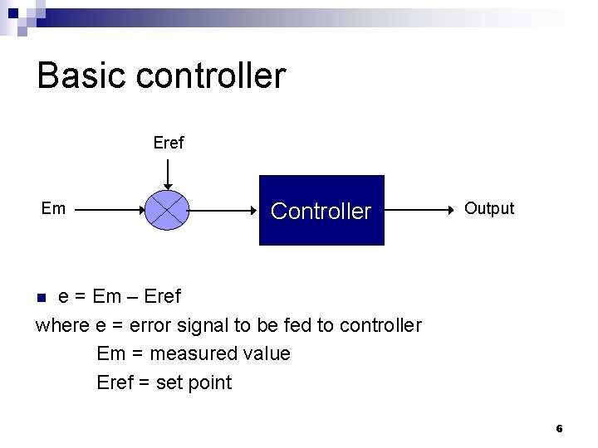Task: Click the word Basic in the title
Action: [81, 75]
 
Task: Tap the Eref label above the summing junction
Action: [169, 143]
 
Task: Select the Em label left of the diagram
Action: [53, 208]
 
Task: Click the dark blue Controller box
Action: [321, 211]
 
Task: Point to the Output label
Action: [489, 208]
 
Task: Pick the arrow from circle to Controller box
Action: [224, 210]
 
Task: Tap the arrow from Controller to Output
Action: [419, 210]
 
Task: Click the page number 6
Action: [559, 429]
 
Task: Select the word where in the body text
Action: [57, 325]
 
